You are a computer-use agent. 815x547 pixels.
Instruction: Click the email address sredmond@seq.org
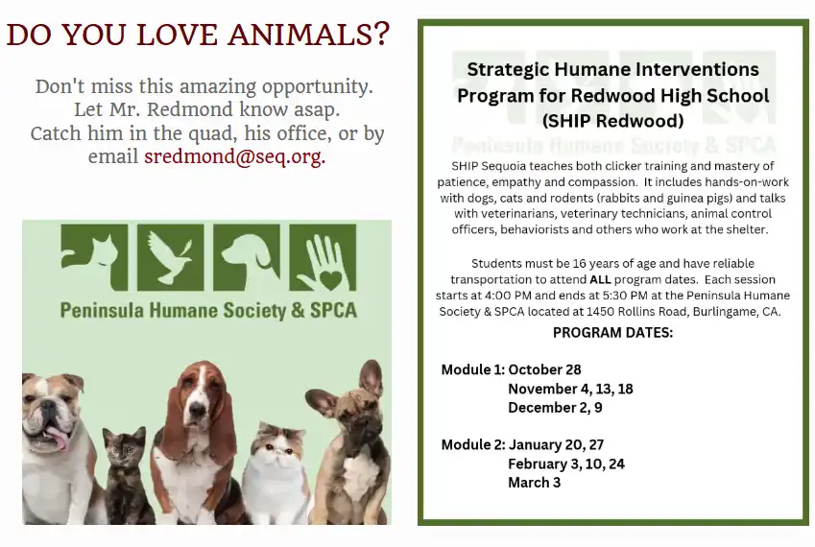click(235, 156)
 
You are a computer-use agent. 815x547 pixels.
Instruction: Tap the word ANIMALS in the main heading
click(308, 35)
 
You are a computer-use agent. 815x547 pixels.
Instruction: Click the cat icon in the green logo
click(94, 257)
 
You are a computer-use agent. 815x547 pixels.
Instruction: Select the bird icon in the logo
click(171, 257)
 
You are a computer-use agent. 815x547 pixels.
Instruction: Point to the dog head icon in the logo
click(247, 257)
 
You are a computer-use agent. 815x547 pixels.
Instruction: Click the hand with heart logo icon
click(323, 257)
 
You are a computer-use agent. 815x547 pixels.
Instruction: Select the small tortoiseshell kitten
click(127, 474)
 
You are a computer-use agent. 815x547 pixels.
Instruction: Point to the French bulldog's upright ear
click(371, 378)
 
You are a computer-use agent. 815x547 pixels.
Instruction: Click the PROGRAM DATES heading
click(612, 332)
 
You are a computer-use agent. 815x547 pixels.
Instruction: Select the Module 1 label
click(473, 369)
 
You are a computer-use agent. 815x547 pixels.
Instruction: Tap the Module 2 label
click(473, 444)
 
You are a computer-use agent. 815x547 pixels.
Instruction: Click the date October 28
click(544, 369)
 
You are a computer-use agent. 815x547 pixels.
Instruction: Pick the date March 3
click(535, 483)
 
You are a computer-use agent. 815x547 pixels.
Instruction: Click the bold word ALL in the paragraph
click(600, 279)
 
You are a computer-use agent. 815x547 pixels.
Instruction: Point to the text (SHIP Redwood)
click(612, 121)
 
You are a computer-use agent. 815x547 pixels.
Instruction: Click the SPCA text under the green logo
click(334, 310)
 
